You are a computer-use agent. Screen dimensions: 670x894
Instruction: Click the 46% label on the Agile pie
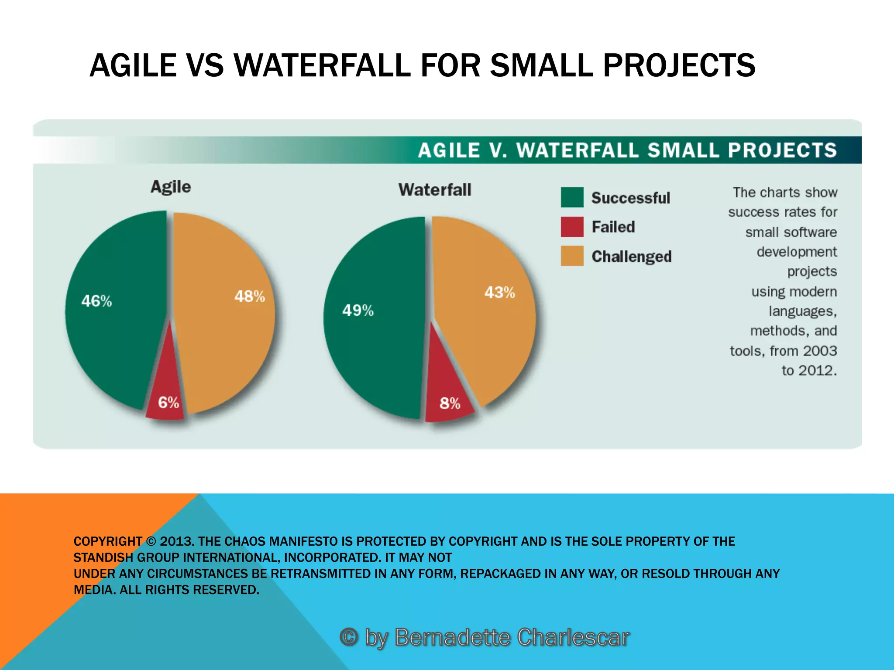pyautogui.click(x=96, y=301)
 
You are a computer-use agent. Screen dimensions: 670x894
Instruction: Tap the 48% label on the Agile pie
pyautogui.click(x=250, y=297)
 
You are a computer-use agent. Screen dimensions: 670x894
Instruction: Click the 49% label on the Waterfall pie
pyautogui.click(x=358, y=311)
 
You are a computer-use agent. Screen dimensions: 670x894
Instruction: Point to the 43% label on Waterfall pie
pyautogui.click(x=499, y=292)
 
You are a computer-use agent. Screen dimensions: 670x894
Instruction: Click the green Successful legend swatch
pyautogui.click(x=572, y=197)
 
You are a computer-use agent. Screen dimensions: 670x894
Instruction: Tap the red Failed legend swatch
pyautogui.click(x=572, y=227)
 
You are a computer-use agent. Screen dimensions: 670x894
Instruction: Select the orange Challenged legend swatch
pyautogui.click(x=572, y=256)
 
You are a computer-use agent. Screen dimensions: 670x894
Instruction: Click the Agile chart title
pyautogui.click(x=171, y=187)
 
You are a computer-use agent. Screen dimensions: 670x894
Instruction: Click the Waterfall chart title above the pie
pyautogui.click(x=435, y=190)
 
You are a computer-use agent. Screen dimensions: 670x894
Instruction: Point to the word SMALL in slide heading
pyautogui.click(x=541, y=65)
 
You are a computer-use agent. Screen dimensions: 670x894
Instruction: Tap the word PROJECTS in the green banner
pyautogui.click(x=782, y=150)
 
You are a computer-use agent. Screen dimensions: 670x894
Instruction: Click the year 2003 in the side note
pyautogui.click(x=820, y=351)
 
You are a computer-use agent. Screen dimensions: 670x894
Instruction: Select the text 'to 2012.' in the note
pyautogui.click(x=809, y=370)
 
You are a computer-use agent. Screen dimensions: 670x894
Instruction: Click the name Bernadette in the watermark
pyautogui.click(x=452, y=637)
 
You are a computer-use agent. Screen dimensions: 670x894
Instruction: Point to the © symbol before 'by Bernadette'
pyautogui.click(x=349, y=637)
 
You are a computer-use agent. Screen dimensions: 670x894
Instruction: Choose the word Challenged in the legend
pyautogui.click(x=631, y=256)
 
